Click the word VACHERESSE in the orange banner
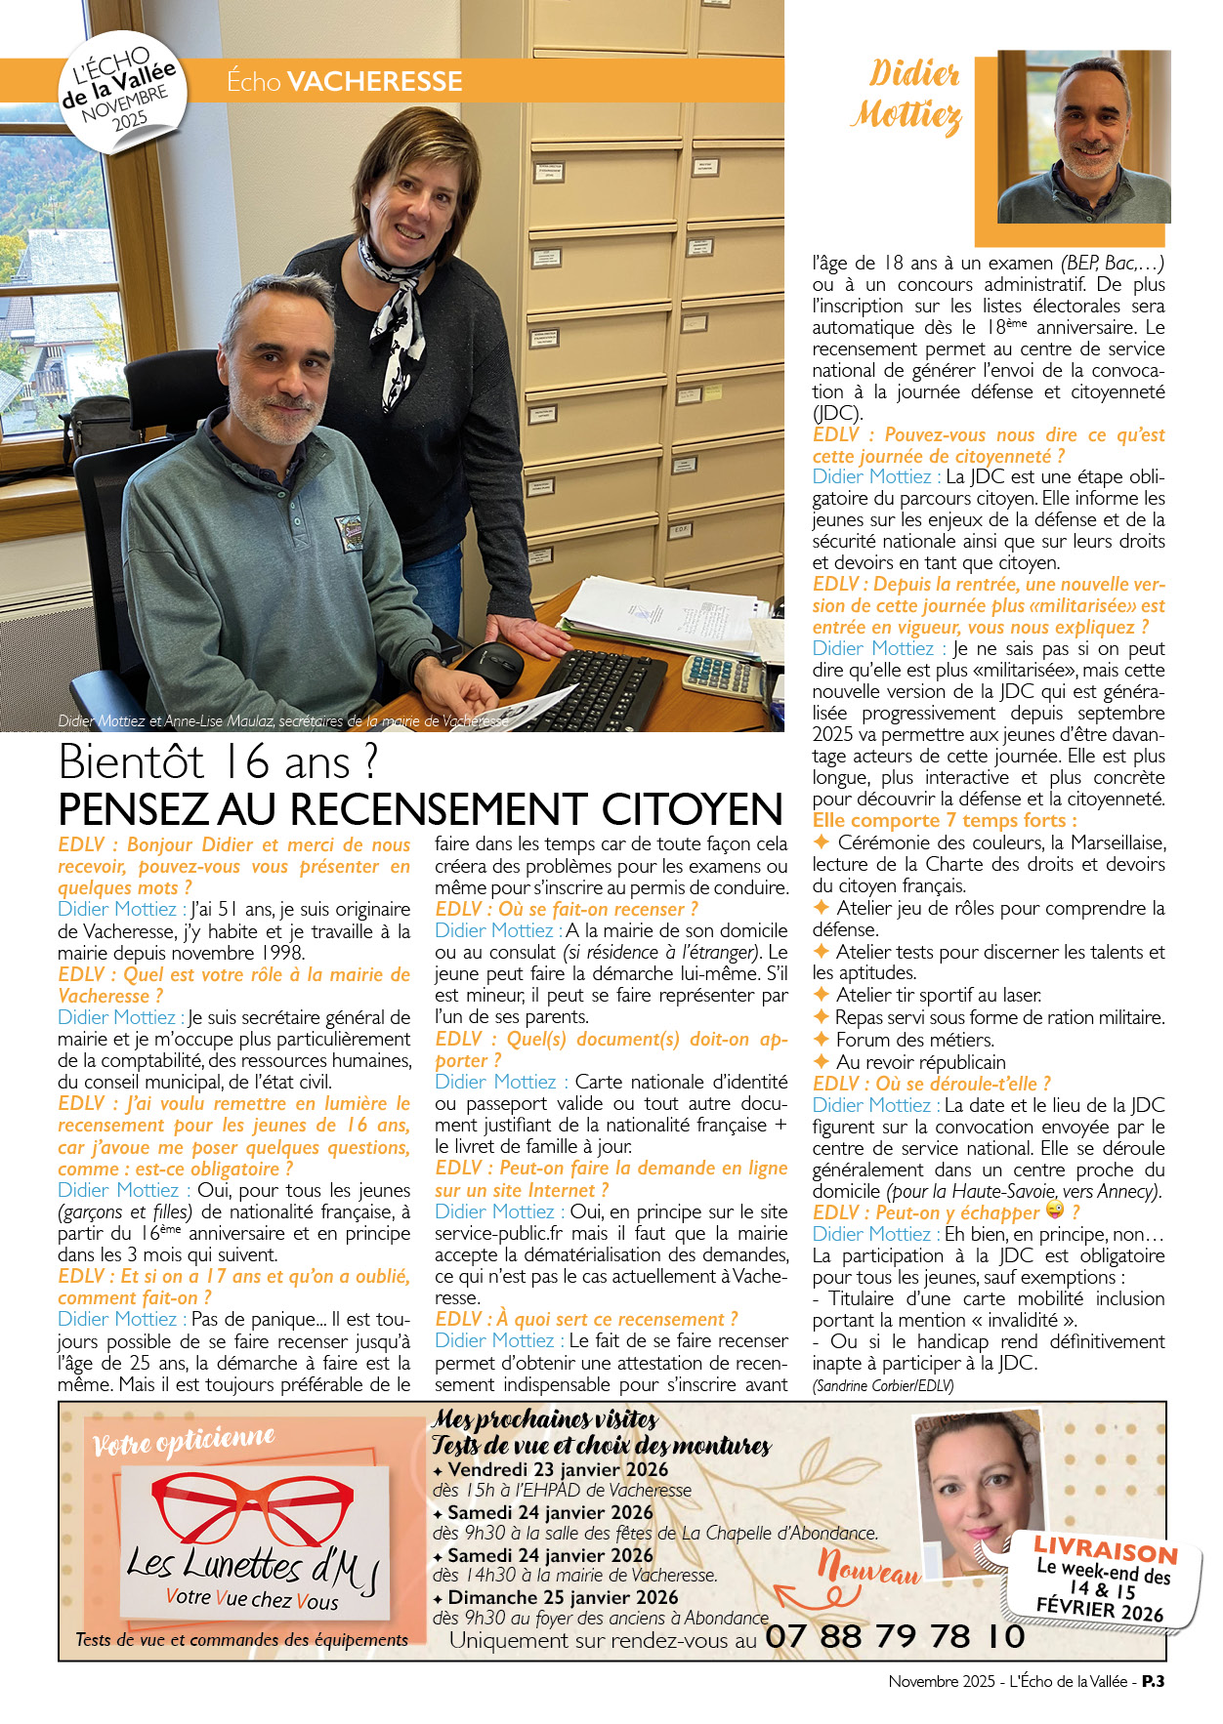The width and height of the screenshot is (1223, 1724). [374, 81]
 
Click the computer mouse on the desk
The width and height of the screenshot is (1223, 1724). [492, 667]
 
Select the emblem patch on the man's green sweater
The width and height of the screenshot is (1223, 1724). [350, 533]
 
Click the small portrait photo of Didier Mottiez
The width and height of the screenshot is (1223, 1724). [1084, 137]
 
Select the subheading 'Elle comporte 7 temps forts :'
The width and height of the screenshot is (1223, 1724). [945, 821]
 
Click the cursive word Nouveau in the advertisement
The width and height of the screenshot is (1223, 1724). [868, 1568]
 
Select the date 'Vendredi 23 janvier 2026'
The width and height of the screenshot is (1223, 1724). [558, 1469]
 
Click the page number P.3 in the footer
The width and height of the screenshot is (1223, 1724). [1153, 1681]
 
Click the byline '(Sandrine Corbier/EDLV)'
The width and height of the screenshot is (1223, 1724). [882, 1385]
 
